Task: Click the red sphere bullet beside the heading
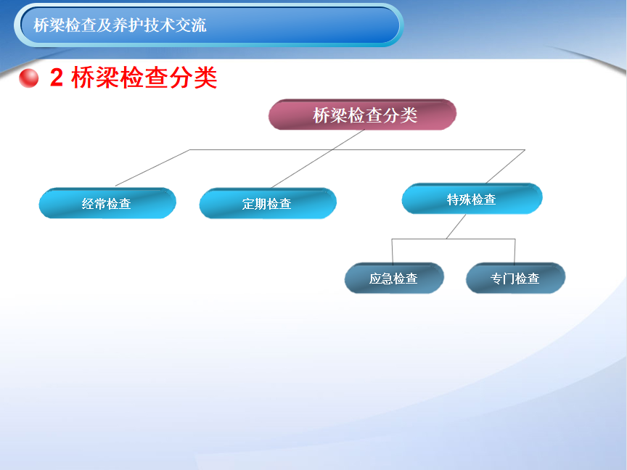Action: (x=29, y=78)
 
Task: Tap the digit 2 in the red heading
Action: (x=57, y=77)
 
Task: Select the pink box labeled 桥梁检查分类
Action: (x=362, y=115)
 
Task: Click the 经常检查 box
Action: (x=107, y=203)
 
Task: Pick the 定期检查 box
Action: (x=268, y=203)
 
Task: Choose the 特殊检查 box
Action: (x=472, y=199)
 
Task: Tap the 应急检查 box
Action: (x=394, y=278)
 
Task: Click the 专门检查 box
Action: (x=515, y=278)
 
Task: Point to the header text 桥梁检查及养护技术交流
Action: (x=120, y=25)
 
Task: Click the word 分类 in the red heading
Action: (x=193, y=77)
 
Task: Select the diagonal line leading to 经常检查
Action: (x=152, y=168)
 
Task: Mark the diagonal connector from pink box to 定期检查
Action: (x=318, y=159)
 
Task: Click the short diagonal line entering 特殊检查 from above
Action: (x=505, y=167)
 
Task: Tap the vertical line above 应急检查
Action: (x=393, y=252)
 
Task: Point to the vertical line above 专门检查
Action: (x=515, y=252)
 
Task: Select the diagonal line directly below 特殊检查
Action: (x=456, y=226)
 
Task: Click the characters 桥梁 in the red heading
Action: (x=95, y=77)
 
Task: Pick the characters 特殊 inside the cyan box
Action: (x=459, y=199)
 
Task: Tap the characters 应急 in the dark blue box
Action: (x=381, y=279)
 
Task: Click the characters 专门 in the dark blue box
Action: (x=503, y=279)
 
